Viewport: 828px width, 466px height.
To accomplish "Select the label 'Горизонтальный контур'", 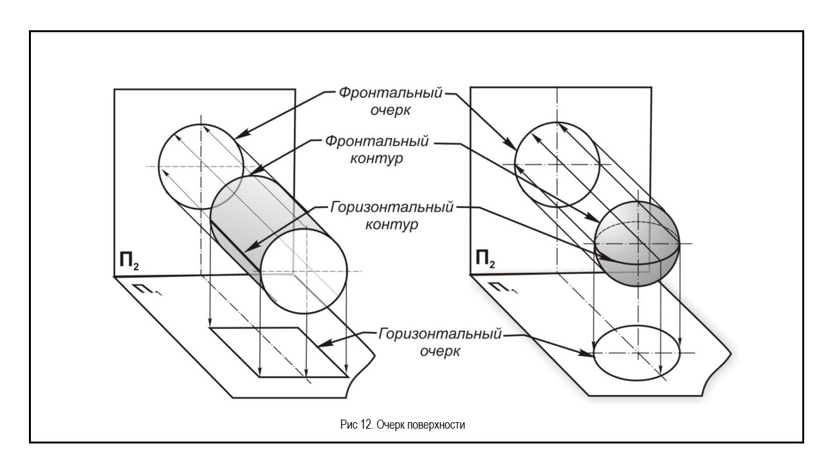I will coord(392,216).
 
